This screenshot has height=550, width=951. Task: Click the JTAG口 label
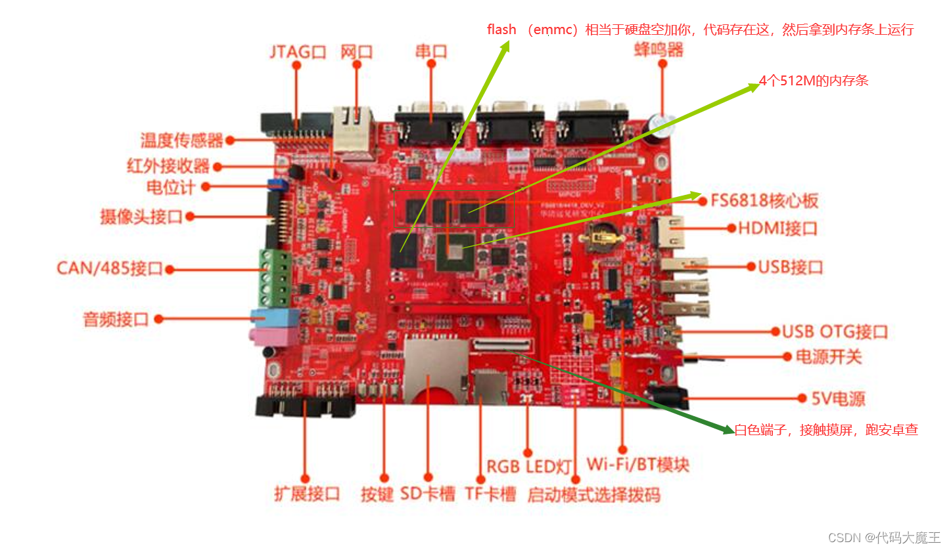298,52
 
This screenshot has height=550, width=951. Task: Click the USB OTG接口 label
835,331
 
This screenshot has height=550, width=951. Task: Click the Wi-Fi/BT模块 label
638,465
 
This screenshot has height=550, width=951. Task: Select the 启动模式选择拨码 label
593,494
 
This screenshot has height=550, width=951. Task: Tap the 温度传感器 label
181,140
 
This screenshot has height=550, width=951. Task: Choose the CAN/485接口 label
109,268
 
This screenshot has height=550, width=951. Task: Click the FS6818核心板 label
764,200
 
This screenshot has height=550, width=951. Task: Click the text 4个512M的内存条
814,81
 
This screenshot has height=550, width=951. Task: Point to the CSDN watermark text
884,538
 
